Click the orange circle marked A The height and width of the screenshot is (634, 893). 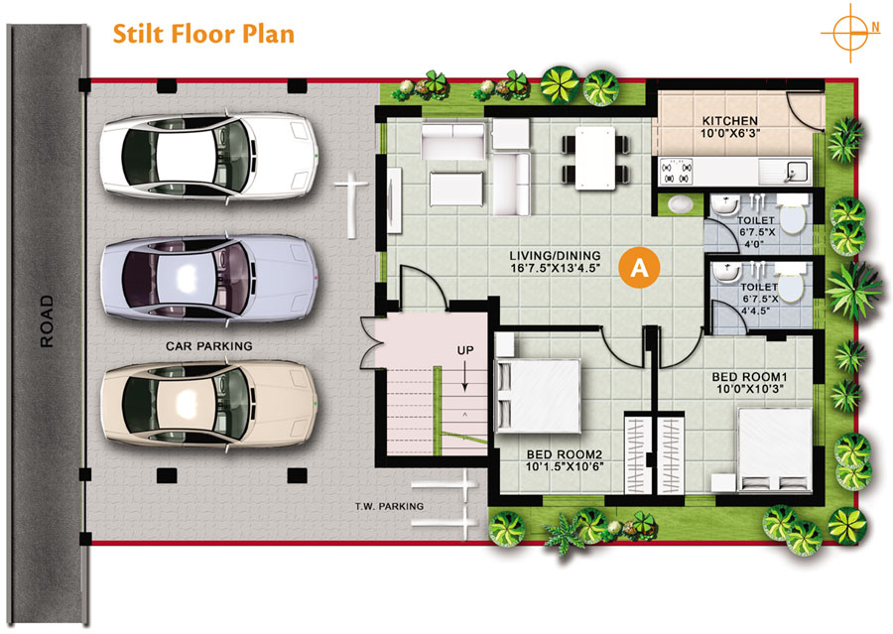[x=640, y=267]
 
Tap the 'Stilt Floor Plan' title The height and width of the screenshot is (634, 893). [x=203, y=34]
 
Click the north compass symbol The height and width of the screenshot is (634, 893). [x=850, y=33]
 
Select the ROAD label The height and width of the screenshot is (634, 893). [x=46, y=321]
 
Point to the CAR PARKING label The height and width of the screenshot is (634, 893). [x=209, y=345]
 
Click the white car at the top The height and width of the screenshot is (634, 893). [x=209, y=156]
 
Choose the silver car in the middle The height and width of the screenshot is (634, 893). [x=209, y=280]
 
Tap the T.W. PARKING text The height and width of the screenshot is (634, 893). [x=390, y=506]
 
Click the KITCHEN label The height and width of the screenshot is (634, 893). [x=729, y=121]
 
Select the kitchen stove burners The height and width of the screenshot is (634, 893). [x=676, y=172]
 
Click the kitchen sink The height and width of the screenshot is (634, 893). [x=786, y=172]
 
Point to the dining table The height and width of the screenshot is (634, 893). [x=595, y=158]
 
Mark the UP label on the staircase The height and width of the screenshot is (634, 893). [x=465, y=350]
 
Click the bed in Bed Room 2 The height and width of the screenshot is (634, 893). [x=538, y=395]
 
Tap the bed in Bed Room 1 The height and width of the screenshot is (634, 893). [x=775, y=448]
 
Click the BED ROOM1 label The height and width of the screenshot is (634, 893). [x=749, y=377]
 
